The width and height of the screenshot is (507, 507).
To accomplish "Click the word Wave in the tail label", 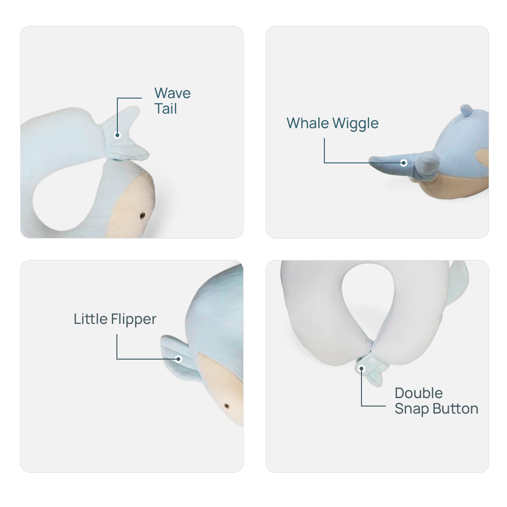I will coord(172,93).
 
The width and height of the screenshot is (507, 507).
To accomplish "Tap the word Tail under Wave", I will coord(165,109).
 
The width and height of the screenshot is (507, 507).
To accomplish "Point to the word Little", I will coord(91,319).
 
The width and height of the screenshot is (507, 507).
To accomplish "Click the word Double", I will coord(419,393).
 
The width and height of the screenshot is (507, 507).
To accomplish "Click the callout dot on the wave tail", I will coord(117,135).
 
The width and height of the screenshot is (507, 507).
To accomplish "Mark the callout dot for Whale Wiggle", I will coord(404,162).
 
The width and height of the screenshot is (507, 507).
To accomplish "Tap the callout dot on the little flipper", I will coord(179,358).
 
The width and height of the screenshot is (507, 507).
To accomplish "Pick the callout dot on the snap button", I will coord(362,368).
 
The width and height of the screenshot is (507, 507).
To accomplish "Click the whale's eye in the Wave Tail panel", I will coord(143,215).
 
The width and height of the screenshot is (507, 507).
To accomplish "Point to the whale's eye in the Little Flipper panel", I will coord(227,406).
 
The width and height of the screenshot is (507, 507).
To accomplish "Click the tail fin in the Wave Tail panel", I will coord(126,134).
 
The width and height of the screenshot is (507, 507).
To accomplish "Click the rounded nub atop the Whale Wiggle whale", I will coord(465,110).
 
